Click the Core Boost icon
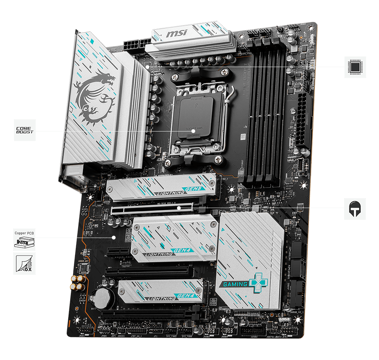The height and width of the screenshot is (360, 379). [25, 130]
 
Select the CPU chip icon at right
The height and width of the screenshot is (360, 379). [355, 67]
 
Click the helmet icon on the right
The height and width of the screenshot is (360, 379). [355, 208]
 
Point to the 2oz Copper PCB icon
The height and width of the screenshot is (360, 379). [25, 239]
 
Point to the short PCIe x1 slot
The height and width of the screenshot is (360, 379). [119, 251]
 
